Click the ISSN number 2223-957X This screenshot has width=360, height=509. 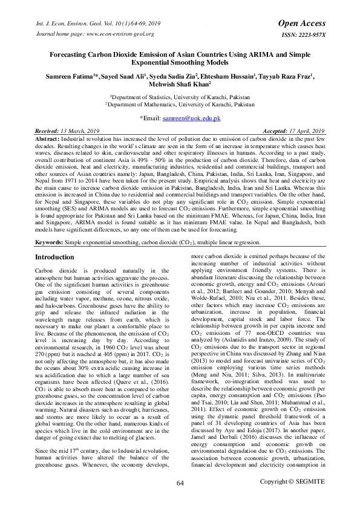(x=304, y=35)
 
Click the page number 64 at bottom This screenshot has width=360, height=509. (x=180, y=499)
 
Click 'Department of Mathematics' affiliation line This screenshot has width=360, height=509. (x=182, y=105)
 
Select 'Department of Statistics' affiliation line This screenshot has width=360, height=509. (x=182, y=96)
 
